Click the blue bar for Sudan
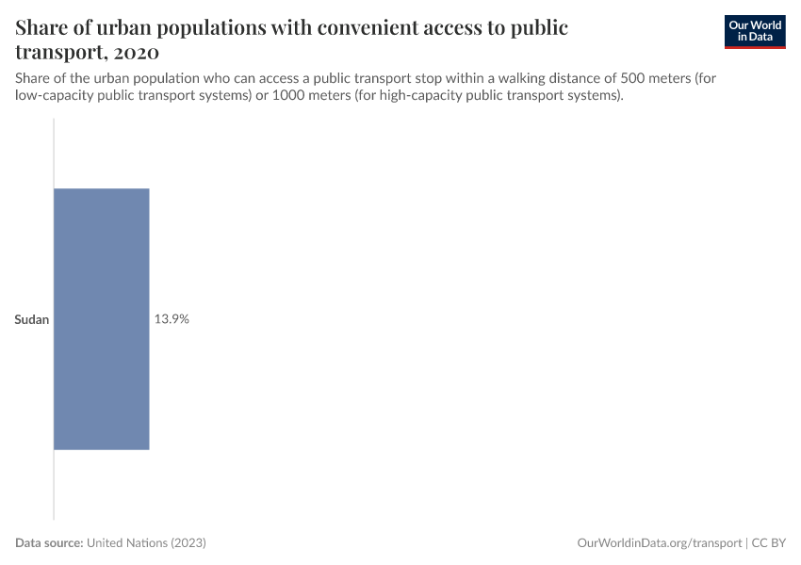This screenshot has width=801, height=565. (102, 319)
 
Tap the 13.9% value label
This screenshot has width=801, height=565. (172, 319)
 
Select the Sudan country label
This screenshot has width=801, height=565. (32, 320)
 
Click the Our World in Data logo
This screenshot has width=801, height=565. (755, 31)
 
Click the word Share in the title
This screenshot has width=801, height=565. (43, 27)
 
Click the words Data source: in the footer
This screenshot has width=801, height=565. (49, 543)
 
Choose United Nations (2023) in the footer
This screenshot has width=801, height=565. (146, 543)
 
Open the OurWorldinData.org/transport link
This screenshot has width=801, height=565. (659, 543)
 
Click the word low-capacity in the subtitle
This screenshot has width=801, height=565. (54, 96)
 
